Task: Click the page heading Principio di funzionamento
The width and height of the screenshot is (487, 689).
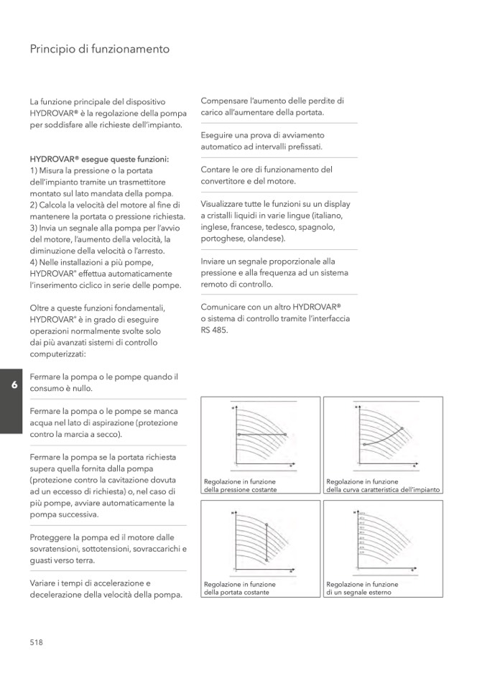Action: point(100,50)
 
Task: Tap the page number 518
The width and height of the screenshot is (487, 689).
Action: point(37,642)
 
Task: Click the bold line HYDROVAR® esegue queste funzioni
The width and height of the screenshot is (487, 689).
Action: point(100,159)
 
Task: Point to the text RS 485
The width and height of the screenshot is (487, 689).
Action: point(214,330)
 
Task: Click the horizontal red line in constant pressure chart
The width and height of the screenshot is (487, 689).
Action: point(261,435)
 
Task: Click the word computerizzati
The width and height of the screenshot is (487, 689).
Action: point(57,353)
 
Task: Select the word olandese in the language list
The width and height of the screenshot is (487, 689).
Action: point(266,238)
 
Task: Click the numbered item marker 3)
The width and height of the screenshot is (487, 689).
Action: point(34,228)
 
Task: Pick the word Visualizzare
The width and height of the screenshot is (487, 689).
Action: point(226,203)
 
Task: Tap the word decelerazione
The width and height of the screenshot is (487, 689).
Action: point(60,595)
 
